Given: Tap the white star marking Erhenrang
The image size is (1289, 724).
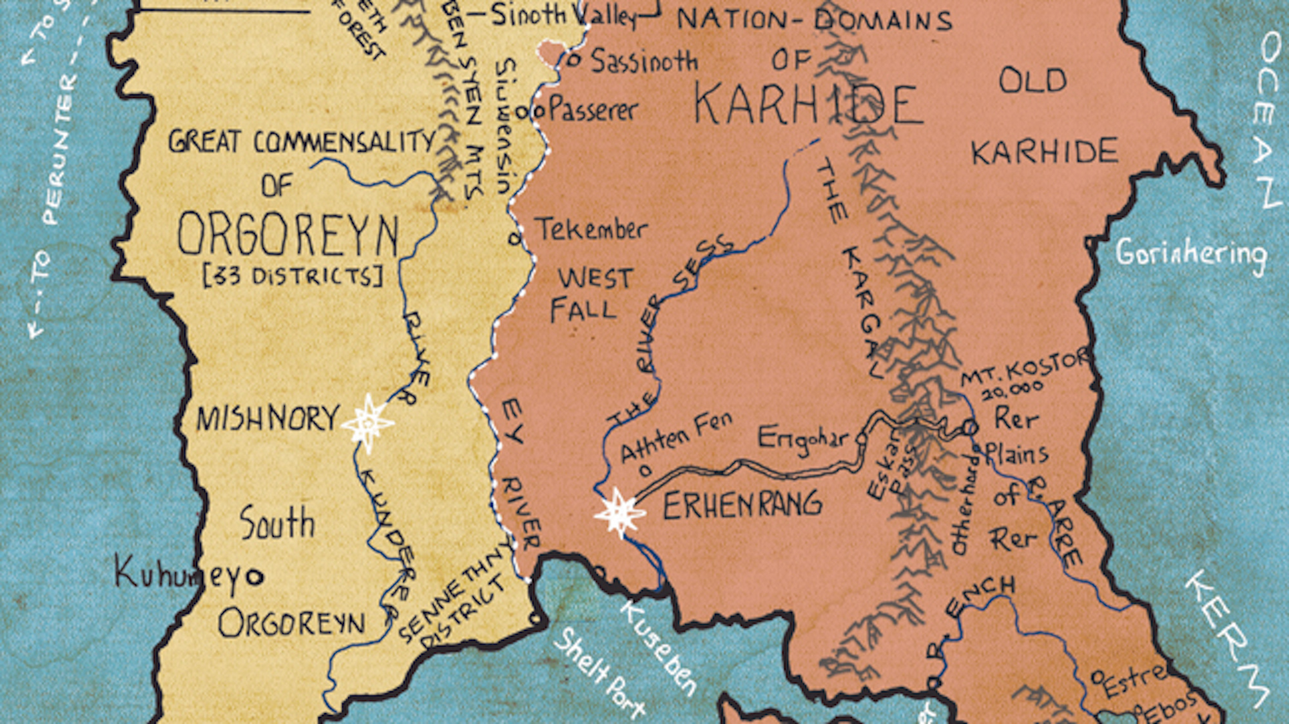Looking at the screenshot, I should point(619,513).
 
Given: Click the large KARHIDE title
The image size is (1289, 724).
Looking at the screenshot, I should point(808,106).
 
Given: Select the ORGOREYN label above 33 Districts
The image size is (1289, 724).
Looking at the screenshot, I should point(288,235).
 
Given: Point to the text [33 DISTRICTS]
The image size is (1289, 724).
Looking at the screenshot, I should point(293,277).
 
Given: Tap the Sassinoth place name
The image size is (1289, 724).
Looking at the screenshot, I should point(644,61).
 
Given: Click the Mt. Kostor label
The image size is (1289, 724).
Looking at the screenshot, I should point(1025,371).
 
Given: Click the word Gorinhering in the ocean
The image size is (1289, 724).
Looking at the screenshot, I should point(1191,253).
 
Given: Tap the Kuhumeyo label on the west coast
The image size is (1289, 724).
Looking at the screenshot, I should point(189,572).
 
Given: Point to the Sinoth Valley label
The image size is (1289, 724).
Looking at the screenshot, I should point(564,15).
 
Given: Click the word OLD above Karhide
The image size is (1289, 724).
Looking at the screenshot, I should point(1032,81).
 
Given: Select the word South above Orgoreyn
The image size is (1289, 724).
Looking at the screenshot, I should point(277,523).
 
